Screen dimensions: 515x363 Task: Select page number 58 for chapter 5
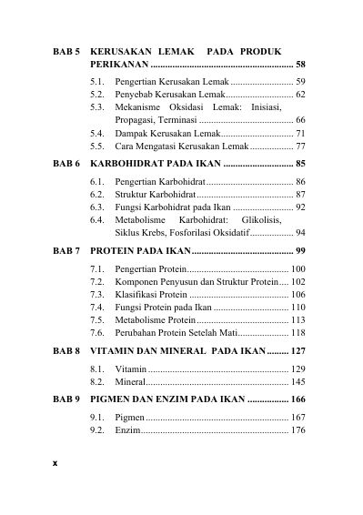coord(300,66)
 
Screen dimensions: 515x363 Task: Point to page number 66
coord(300,120)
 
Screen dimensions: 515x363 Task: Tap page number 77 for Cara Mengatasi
coord(300,146)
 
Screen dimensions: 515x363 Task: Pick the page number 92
coord(300,207)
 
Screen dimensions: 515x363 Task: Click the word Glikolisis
coord(280,220)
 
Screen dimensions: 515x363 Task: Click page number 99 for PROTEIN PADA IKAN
coord(300,249)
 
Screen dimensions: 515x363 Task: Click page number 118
coord(298,334)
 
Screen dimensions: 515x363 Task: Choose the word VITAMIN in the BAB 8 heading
coord(116,351)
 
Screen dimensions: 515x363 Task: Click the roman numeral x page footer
coord(54,463)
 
